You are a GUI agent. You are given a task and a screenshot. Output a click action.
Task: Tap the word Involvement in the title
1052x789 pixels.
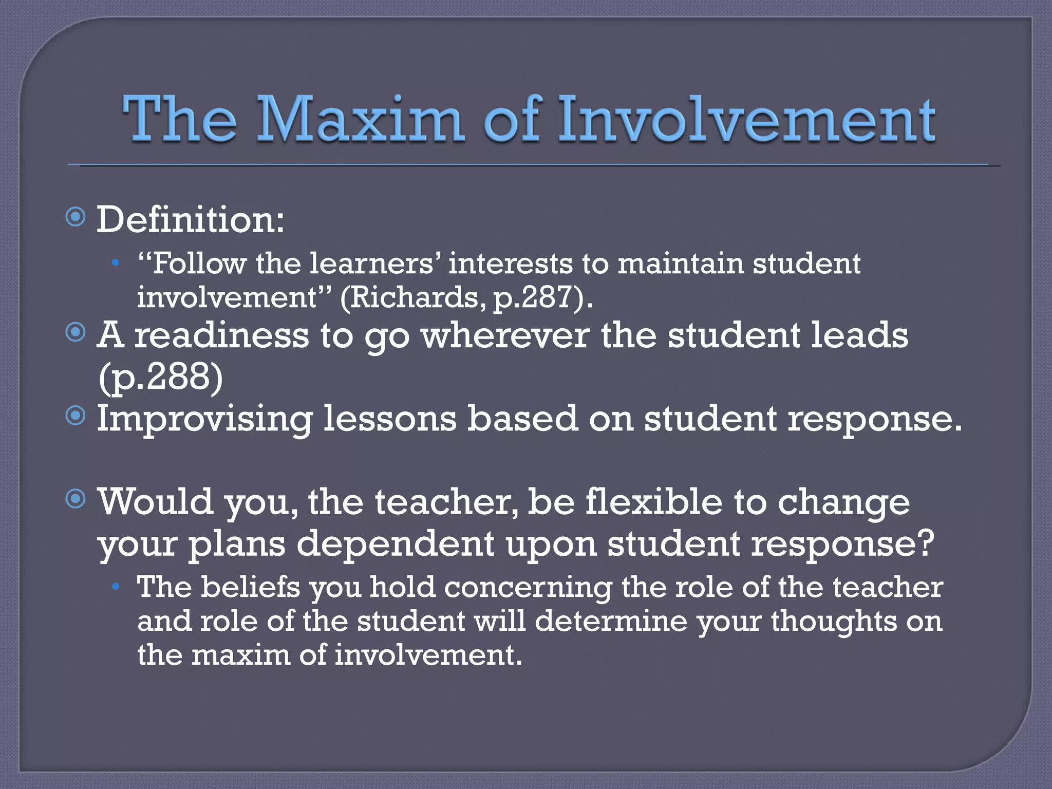point(746,119)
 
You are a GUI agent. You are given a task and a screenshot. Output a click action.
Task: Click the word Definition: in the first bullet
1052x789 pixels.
point(190,219)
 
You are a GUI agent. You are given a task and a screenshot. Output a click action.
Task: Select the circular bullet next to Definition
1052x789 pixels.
point(76,217)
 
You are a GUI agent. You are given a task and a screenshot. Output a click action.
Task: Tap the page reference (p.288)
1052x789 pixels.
point(160,377)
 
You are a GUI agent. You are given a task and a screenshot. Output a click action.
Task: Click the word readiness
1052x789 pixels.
point(221,335)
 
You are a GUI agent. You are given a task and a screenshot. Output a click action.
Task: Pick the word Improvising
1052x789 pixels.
point(204,419)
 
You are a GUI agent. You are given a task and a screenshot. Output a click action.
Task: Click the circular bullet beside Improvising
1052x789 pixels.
point(76,416)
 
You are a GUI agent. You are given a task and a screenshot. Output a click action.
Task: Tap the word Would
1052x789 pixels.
point(155,502)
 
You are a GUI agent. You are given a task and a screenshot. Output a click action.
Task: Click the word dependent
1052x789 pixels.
point(395,544)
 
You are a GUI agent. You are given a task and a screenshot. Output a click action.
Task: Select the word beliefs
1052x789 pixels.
point(250,587)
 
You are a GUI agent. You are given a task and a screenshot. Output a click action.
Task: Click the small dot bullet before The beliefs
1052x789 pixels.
point(117,587)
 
